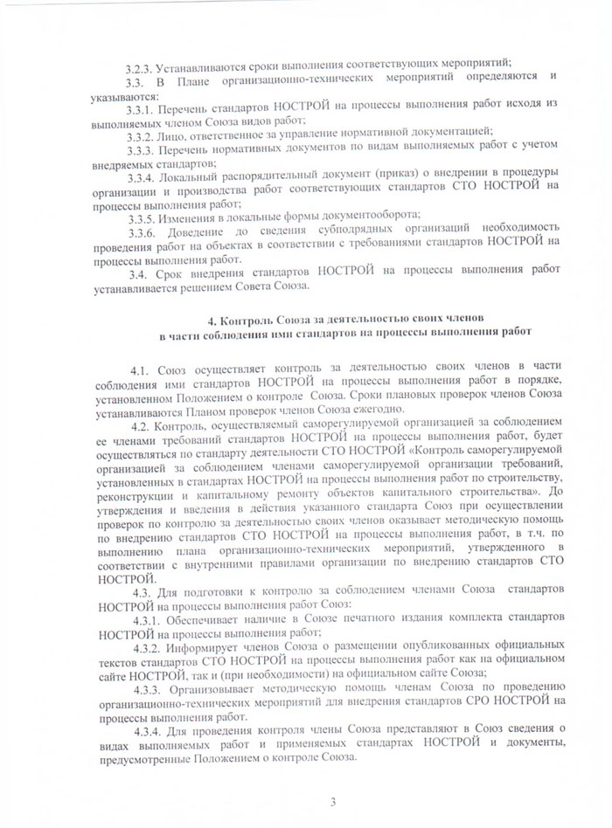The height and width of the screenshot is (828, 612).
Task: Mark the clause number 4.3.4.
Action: coord(150,729)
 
